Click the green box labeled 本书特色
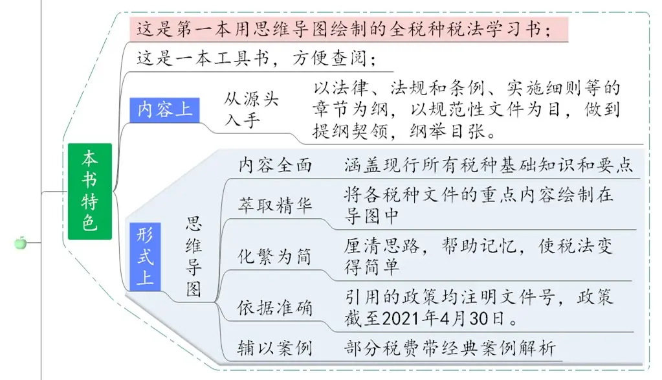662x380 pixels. tap(90, 191)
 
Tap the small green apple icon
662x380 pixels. tap(20, 243)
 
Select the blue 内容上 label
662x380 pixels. tap(164, 110)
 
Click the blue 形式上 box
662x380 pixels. tap(145, 256)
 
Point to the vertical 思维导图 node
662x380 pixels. tap(193, 257)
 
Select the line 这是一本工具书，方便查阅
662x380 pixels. tap(256, 58)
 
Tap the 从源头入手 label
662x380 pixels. tap(251, 110)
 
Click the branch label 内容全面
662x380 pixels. tap(275, 165)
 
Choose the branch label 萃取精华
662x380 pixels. tap(275, 206)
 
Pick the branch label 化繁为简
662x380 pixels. tap(274, 256)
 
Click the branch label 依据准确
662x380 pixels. tap(275, 307)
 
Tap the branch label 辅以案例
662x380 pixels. tap(275, 348)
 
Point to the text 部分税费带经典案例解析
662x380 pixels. tap(450, 348)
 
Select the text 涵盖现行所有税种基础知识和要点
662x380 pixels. tap(489, 165)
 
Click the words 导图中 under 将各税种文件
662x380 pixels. tap(371, 216)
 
